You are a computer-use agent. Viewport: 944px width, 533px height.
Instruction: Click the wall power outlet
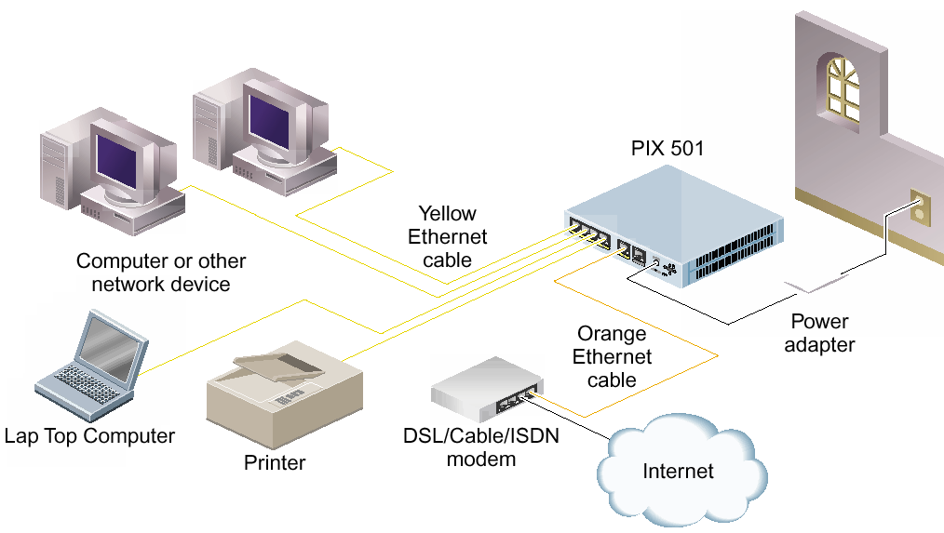tap(921, 210)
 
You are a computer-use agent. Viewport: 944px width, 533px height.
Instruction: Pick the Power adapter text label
tap(819, 333)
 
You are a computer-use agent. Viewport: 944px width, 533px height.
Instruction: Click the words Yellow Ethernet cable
tap(447, 237)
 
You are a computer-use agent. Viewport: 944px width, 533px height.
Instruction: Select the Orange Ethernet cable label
tap(612, 356)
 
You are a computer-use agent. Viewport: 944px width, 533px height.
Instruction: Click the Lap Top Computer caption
tap(89, 435)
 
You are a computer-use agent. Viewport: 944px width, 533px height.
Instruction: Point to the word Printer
tap(275, 462)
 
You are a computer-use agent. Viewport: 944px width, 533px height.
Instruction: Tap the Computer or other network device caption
tap(161, 273)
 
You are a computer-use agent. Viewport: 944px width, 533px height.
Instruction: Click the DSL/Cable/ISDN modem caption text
tap(481, 447)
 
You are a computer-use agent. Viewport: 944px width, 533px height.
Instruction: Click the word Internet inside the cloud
tap(678, 472)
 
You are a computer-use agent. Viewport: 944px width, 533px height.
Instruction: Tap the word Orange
tap(612, 333)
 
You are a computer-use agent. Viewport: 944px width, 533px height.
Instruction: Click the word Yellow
tap(447, 214)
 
